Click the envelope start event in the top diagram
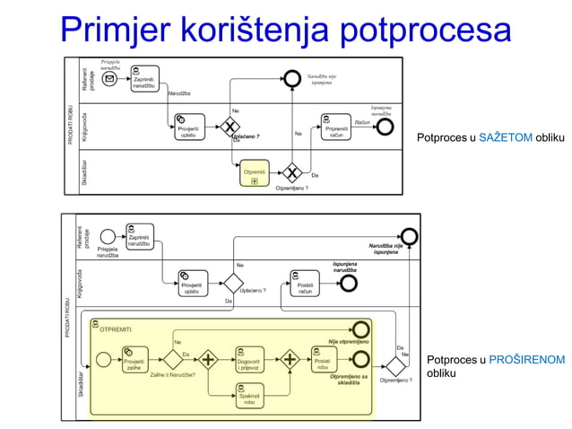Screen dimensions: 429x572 coord(110,80)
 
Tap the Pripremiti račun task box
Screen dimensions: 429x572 coord(335,127)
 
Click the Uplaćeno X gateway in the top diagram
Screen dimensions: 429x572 coord(232,126)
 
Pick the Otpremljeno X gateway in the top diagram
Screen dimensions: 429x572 coord(291,172)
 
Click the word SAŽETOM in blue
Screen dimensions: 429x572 coord(506,137)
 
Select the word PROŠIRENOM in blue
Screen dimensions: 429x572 coord(526,359)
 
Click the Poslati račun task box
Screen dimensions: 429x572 coord(305,283)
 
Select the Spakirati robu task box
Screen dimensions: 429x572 coord(250,398)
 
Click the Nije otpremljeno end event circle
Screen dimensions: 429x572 coord(361,328)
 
